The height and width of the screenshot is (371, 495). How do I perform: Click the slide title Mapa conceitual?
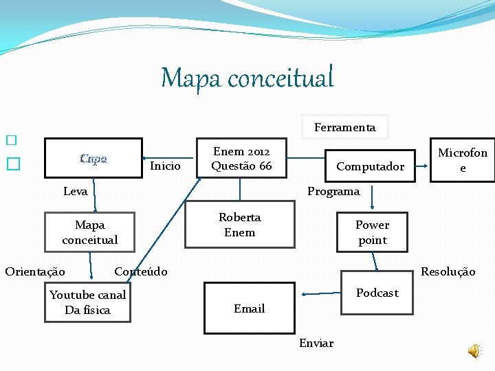(247, 78)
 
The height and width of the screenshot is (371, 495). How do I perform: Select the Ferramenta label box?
(344, 127)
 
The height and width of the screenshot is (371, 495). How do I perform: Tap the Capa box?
(93, 159)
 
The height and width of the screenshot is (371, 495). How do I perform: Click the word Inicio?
(165, 166)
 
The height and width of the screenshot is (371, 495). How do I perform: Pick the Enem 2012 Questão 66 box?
(241, 159)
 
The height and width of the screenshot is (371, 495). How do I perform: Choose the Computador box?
(370, 166)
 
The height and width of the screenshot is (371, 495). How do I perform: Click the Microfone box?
(462, 160)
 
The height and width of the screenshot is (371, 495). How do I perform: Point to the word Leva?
(75, 192)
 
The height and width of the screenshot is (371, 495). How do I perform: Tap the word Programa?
(333, 192)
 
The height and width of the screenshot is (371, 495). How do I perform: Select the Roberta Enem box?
(240, 225)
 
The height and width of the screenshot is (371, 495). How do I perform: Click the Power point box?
(372, 232)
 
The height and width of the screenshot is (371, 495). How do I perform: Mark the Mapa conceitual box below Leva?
(90, 232)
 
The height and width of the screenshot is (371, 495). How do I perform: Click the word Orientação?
(35, 271)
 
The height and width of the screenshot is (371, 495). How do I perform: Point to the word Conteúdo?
(141, 271)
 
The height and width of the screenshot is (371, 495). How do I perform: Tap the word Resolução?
(448, 272)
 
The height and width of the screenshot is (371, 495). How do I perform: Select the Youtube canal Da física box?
(87, 302)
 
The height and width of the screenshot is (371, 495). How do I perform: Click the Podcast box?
(377, 293)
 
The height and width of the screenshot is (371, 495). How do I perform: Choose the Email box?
(249, 308)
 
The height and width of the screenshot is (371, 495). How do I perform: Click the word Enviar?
(316, 343)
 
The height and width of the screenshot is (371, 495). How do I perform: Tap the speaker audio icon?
(475, 351)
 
